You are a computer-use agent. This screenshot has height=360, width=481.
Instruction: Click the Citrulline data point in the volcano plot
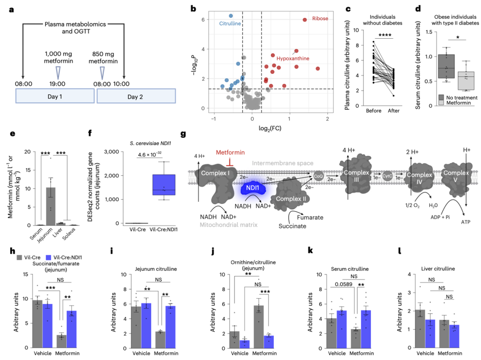click(x=231, y=16)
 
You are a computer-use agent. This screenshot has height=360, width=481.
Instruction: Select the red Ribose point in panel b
click(x=305, y=20)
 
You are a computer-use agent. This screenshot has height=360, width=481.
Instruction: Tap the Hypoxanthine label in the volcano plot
click(x=293, y=58)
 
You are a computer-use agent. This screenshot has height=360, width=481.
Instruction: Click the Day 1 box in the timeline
click(x=55, y=96)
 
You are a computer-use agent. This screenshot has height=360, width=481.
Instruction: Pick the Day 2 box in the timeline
click(x=136, y=96)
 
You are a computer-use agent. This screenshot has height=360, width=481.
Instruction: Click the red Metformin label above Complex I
click(x=230, y=152)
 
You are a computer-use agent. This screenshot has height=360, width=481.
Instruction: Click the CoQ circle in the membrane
click(x=318, y=176)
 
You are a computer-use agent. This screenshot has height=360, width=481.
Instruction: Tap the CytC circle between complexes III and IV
click(x=387, y=176)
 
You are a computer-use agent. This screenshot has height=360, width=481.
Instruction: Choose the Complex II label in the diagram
click(x=291, y=199)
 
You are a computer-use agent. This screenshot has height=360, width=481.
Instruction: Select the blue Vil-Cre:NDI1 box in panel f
click(x=164, y=185)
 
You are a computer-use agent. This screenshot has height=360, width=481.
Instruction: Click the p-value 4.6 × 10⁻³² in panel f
click(x=150, y=154)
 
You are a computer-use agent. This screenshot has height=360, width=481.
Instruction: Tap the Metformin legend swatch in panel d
click(x=441, y=103)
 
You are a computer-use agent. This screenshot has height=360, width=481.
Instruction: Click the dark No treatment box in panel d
click(x=446, y=66)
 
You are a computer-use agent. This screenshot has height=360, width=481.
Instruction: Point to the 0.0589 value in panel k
click(x=343, y=284)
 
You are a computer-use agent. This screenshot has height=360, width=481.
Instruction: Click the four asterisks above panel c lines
click(x=385, y=35)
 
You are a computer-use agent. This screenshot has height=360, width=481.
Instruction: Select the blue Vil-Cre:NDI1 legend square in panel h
click(x=48, y=258)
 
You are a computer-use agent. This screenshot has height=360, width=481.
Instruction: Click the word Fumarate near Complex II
click(x=310, y=217)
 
